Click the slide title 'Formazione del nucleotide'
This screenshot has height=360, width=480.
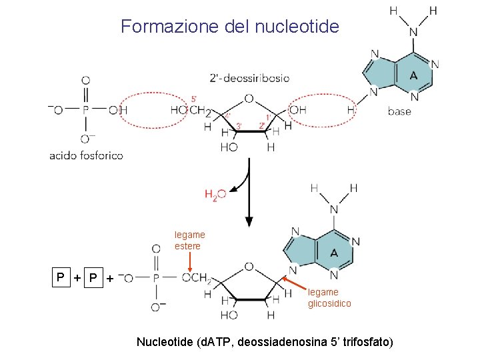(230, 27)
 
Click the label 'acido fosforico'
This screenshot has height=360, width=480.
(86, 155)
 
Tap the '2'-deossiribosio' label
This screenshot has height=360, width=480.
(249, 78)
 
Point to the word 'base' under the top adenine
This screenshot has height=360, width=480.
(399, 111)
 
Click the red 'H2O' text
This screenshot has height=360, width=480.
(215, 194)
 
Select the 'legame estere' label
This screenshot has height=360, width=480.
(190, 240)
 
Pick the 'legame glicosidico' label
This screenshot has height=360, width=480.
(329, 297)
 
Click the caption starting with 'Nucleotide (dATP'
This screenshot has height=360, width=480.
(265, 342)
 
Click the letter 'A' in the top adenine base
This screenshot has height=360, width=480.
(413, 75)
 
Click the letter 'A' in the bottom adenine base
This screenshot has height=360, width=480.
(333, 253)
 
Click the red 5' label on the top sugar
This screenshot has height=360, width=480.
(194, 99)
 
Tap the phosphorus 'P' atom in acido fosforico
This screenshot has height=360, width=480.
(85, 110)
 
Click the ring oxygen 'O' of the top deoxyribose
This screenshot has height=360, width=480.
(249, 99)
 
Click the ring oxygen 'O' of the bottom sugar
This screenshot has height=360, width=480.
(249, 267)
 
